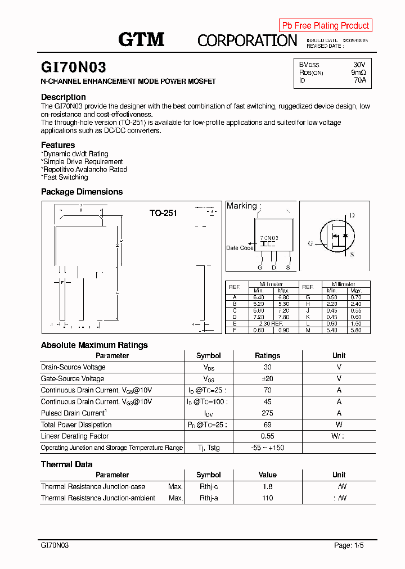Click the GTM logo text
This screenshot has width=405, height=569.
(141, 39)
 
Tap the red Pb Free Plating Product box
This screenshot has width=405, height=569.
(325, 25)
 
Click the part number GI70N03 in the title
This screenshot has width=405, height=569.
(73, 67)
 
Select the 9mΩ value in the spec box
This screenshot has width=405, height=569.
(358, 73)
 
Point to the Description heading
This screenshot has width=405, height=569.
(64, 97)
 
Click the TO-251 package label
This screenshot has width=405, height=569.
(163, 213)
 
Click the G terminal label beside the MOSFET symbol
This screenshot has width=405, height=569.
(310, 243)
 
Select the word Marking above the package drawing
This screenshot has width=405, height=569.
(241, 206)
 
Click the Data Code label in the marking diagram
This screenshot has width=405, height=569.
(240, 248)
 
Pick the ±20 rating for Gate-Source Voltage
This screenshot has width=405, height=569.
(267, 379)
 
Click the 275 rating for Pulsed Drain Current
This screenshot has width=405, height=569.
(267, 413)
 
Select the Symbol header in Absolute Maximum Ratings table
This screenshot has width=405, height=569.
(208, 356)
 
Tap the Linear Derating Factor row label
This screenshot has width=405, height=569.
(75, 436)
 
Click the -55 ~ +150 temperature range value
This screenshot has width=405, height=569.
(267, 448)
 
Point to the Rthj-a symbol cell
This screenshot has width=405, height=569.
(208, 498)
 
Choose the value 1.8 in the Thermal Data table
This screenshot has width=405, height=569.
(267, 487)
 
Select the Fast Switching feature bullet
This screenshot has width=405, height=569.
(65, 178)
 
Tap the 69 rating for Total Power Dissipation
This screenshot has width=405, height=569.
(267, 425)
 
